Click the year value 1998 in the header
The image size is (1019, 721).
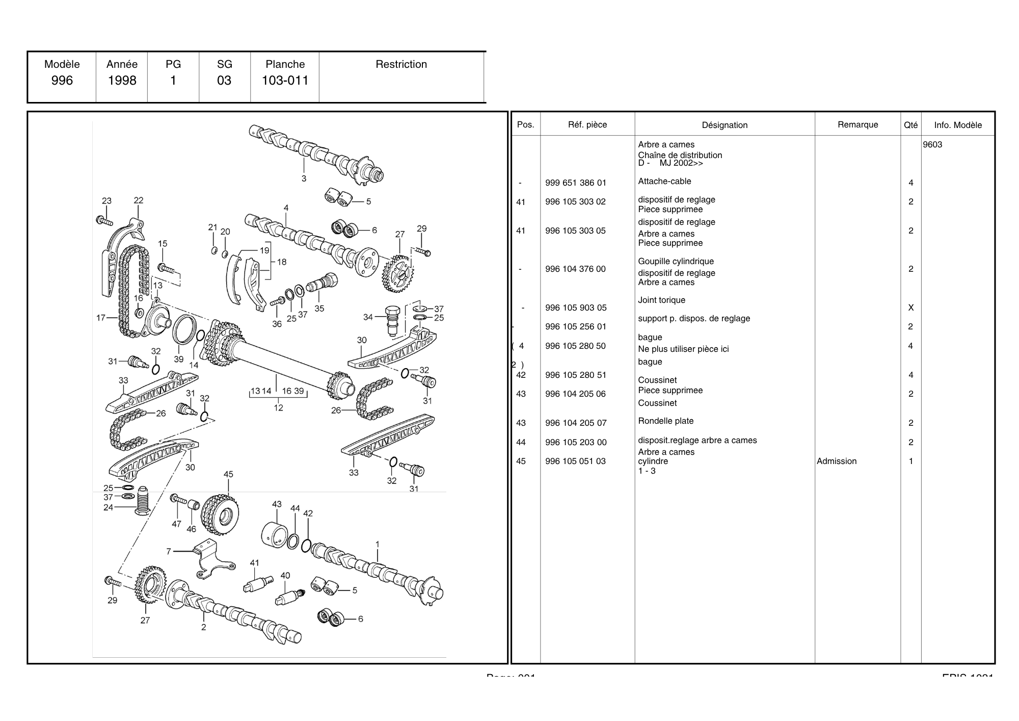tap(122, 81)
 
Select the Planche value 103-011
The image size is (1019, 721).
tap(285, 81)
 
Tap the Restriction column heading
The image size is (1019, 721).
tap(401, 64)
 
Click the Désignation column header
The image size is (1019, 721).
tap(725, 125)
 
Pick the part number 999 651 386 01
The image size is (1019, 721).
tap(576, 183)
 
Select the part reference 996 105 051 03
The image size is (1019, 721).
tap(575, 461)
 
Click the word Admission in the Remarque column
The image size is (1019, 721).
tap(837, 461)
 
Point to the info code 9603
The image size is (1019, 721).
tap(932, 145)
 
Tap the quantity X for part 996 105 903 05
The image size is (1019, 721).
tap(911, 308)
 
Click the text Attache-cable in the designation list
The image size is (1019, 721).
tap(664, 182)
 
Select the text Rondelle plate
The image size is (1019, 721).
tap(665, 421)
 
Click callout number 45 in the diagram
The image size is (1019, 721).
tap(228, 474)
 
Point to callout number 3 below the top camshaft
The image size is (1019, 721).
tap(304, 178)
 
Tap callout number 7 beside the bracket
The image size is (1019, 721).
tap(169, 551)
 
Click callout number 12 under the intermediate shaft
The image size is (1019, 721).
tap(278, 407)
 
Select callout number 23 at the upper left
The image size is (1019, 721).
tap(106, 201)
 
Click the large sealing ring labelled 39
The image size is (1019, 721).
tap(184, 330)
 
